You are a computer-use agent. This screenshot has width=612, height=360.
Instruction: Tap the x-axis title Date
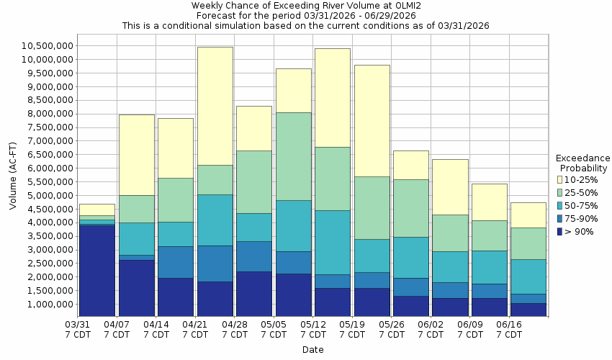click(312, 350)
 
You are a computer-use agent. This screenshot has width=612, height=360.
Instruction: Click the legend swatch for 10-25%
click(559, 179)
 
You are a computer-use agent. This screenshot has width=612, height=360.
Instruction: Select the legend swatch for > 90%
click(559, 231)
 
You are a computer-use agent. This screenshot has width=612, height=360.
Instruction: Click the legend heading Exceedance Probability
click(583, 163)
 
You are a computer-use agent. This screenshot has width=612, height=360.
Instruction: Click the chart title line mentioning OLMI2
click(306, 5)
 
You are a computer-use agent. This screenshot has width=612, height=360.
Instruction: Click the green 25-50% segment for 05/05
click(293, 156)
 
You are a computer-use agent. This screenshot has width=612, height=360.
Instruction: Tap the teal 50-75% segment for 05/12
click(332, 242)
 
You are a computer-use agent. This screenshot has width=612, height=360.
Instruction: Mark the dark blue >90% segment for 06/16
click(528, 309)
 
